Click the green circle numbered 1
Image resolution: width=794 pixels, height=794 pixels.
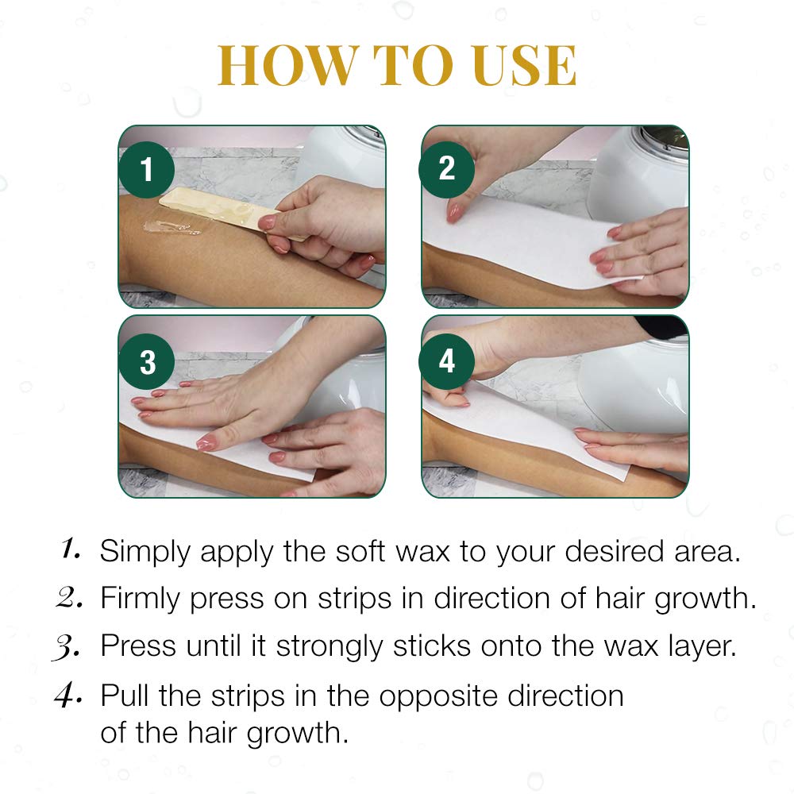[146, 170]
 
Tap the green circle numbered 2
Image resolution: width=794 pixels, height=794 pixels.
[447, 168]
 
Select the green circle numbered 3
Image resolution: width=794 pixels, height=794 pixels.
[148, 361]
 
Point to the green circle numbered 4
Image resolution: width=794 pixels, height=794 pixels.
[447, 361]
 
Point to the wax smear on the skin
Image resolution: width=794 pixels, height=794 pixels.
[171, 229]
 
